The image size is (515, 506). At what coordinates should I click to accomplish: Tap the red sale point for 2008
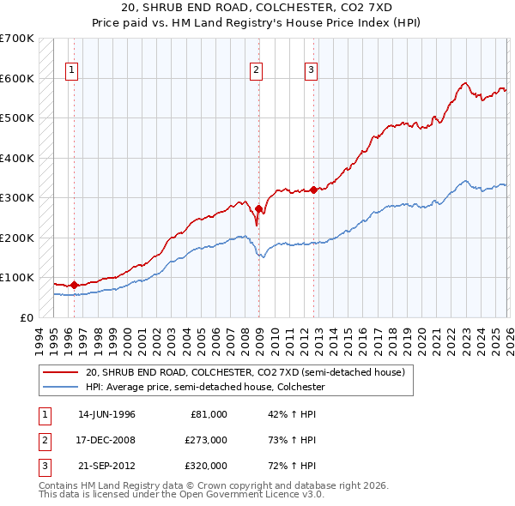(258, 208)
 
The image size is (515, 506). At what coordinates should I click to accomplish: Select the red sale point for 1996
(74, 285)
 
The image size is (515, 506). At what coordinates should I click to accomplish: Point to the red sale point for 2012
(313, 190)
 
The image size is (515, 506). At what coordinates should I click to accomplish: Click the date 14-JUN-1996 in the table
(106, 414)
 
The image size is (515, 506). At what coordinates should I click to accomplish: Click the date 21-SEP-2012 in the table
(106, 466)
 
